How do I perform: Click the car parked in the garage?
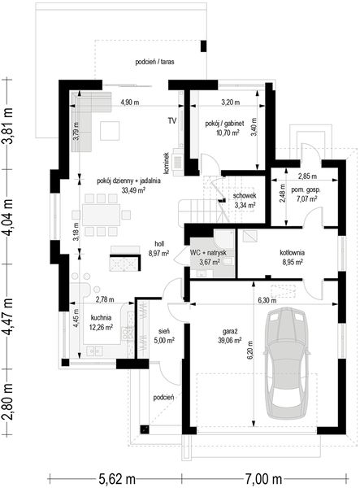(287, 363)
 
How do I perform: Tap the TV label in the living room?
(172, 120)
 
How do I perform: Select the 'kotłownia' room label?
(293, 253)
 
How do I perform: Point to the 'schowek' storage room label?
(245, 196)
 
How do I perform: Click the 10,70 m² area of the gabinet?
(228, 133)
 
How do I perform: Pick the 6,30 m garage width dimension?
(267, 301)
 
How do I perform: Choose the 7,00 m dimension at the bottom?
(263, 479)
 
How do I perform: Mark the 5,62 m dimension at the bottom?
(117, 479)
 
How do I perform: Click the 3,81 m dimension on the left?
(7, 125)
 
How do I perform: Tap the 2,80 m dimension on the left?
(7, 402)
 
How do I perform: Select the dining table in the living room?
(101, 215)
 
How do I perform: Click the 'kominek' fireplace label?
(167, 163)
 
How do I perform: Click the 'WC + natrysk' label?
(208, 252)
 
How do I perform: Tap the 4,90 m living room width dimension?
(130, 102)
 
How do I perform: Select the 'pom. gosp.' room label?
(306, 190)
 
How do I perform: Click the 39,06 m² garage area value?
(230, 341)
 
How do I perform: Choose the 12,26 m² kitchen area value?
(101, 327)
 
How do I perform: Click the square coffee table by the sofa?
(110, 131)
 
